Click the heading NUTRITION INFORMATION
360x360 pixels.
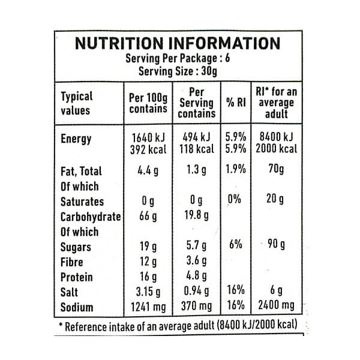tap(177, 44)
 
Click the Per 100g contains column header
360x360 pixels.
tap(148, 103)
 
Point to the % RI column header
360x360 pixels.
tap(236, 103)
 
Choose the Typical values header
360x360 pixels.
tap(77, 103)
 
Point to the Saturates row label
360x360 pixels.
tap(82, 201)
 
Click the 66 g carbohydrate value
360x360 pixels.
tap(148, 217)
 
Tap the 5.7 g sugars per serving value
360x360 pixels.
tap(198, 246)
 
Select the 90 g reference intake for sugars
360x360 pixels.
tap(275, 246)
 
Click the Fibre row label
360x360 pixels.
tap(73, 262)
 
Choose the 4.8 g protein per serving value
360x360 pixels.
tap(198, 277)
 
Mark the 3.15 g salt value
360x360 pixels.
tap(148, 292)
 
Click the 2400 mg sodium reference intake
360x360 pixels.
tap(275, 308)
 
